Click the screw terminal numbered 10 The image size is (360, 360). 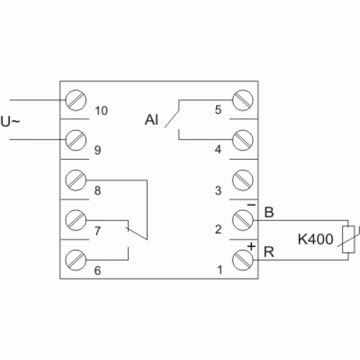(x=76, y=100)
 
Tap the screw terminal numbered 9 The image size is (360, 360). (x=76, y=140)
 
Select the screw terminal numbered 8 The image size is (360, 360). (x=76, y=180)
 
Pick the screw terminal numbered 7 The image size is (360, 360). (x=76, y=220)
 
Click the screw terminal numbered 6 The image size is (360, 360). (x=76, y=260)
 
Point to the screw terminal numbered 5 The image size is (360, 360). (x=243, y=100)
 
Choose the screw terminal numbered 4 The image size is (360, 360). (x=243, y=140)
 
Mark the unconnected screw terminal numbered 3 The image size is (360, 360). (x=243, y=180)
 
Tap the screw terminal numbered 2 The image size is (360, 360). (x=243, y=220)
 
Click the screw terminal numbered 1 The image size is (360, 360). (x=243, y=260)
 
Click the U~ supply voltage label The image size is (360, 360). (x=10, y=122)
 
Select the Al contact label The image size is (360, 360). (x=151, y=120)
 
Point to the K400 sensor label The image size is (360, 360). (x=315, y=239)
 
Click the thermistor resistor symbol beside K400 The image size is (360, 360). (x=348, y=239)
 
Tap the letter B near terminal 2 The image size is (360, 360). (x=269, y=212)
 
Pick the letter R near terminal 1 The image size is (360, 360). (x=269, y=252)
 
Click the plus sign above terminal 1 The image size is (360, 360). (x=251, y=246)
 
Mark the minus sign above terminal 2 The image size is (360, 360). (x=251, y=205)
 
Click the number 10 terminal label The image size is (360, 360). (x=102, y=111)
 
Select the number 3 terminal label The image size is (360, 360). (x=218, y=191)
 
